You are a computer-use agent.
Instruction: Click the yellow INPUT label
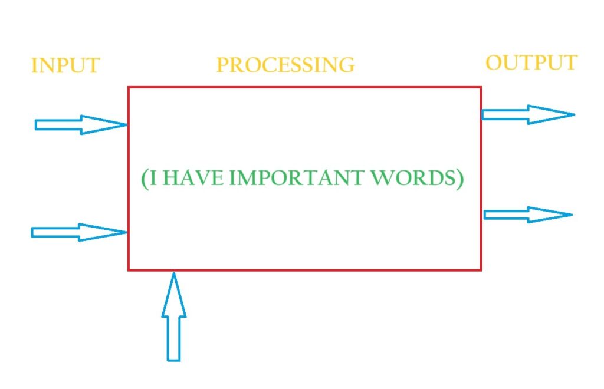pyautogui.click(x=65, y=65)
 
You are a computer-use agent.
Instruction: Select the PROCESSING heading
pyautogui.click(x=285, y=64)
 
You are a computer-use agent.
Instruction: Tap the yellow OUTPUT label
pyautogui.click(x=531, y=62)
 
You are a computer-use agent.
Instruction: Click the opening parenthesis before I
pyautogui.click(x=145, y=179)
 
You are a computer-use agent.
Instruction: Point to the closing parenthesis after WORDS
pyautogui.click(x=459, y=179)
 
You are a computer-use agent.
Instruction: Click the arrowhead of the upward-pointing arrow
pyautogui.click(x=173, y=295)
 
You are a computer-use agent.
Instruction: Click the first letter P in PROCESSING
pyautogui.click(x=222, y=65)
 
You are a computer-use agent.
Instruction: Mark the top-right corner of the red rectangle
pyautogui.click(x=481, y=88)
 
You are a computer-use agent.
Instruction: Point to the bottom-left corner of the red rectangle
pyautogui.click(x=129, y=270)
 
